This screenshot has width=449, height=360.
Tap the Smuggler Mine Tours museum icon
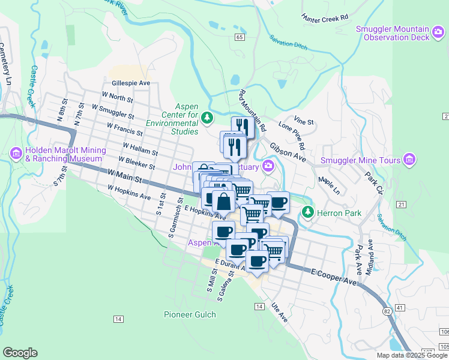410,160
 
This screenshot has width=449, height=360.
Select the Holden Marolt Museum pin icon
16,154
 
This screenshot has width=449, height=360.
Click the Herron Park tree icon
307,212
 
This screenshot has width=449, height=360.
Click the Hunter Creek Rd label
325,18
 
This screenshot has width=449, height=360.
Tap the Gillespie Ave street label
130,83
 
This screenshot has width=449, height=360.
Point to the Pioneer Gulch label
189,314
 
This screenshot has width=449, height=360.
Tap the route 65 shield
240,37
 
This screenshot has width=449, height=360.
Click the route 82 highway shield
387,310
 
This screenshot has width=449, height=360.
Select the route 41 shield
401,307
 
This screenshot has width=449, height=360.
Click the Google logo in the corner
20,353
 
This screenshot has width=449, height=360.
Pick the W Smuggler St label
113,111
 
